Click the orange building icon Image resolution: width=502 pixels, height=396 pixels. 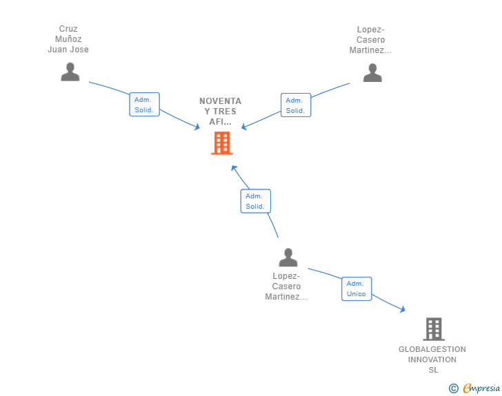[x=222, y=143]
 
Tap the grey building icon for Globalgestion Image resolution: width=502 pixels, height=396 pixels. [x=434, y=329]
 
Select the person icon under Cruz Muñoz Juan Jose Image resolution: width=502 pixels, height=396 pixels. [x=70, y=72]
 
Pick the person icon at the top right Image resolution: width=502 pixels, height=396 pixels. [x=372, y=72]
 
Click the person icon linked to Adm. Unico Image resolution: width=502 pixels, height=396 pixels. [x=288, y=257]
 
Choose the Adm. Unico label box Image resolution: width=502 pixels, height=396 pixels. [x=357, y=289]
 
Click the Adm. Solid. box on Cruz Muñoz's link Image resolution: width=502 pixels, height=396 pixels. [x=144, y=105]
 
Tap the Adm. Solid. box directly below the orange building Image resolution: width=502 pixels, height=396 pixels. [x=255, y=201]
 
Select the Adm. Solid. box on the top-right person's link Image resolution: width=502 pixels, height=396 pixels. [x=296, y=105]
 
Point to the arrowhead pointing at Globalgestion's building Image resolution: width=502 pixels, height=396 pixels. [x=403, y=309]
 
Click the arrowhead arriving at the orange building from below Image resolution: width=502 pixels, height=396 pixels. [x=234, y=168]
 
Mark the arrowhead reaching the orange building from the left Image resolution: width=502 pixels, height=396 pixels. [x=197, y=127]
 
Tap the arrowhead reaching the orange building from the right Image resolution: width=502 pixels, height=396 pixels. [x=244, y=127]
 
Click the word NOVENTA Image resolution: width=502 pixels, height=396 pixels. [x=220, y=101]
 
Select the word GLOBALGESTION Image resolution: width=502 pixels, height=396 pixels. [x=432, y=349]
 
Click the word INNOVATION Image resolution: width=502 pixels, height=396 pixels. [x=432, y=359]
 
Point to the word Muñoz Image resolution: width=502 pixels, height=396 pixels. [x=68, y=39]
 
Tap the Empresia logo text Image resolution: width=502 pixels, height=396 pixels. [x=481, y=388]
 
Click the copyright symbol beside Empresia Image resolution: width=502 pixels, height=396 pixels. [x=453, y=388]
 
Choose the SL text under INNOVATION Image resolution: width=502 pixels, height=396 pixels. [x=434, y=370]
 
